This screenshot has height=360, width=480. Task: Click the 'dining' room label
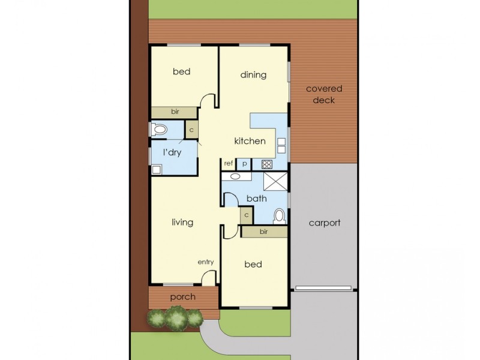253,75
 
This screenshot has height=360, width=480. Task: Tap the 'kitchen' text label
250,141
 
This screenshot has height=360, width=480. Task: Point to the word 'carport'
325,223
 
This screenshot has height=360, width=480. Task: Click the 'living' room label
182,222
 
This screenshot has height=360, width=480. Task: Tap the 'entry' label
206,262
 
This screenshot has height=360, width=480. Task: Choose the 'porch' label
183,296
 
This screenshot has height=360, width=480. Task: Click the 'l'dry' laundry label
172,152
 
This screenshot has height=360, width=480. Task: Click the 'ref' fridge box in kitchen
228,163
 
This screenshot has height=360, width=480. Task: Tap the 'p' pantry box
244,163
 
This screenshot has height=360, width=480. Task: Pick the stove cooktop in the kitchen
266,164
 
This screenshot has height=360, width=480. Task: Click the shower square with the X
277,181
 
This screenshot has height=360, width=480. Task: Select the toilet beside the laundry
159,129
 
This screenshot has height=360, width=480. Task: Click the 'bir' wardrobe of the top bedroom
175,112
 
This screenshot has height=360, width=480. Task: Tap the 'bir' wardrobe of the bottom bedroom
263,231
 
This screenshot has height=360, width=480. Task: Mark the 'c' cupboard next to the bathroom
246,215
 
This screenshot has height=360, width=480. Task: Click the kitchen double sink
281,145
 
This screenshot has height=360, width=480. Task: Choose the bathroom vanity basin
235,177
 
